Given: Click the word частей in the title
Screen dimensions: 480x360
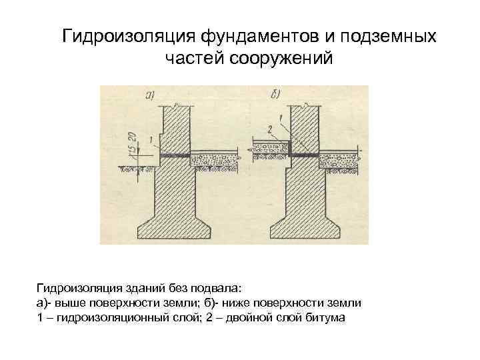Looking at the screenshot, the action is (193, 59).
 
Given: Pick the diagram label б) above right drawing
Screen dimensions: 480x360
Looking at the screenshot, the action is (275, 95).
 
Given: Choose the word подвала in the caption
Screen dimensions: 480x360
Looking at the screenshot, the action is (223, 288).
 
